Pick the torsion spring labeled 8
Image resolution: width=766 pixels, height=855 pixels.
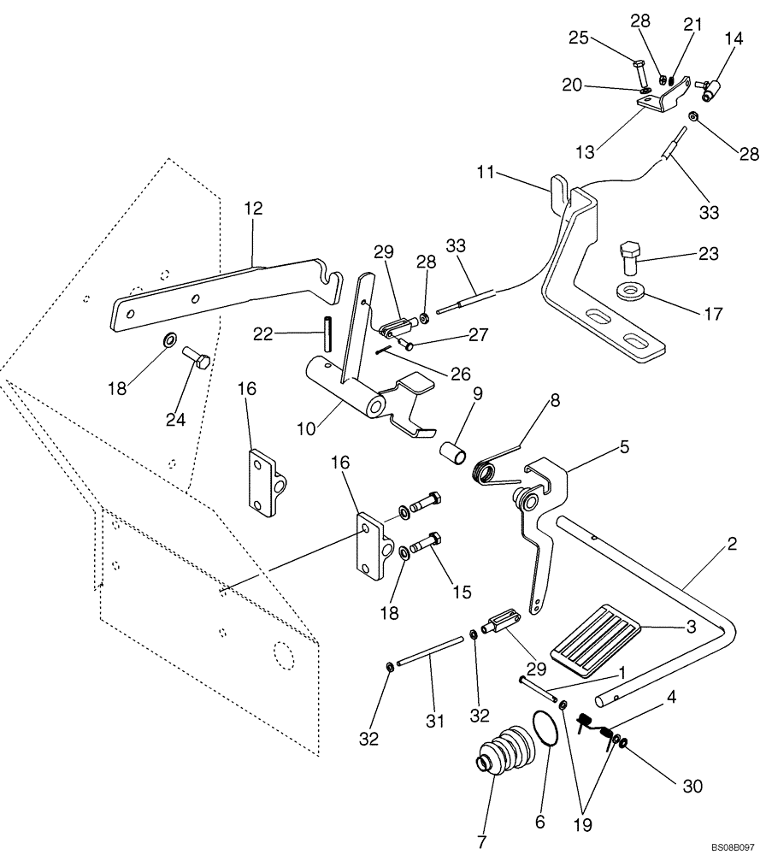coord(497,470)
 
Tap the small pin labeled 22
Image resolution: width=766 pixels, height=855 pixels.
coord(328,333)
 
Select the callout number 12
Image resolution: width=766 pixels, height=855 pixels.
coord(253,208)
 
